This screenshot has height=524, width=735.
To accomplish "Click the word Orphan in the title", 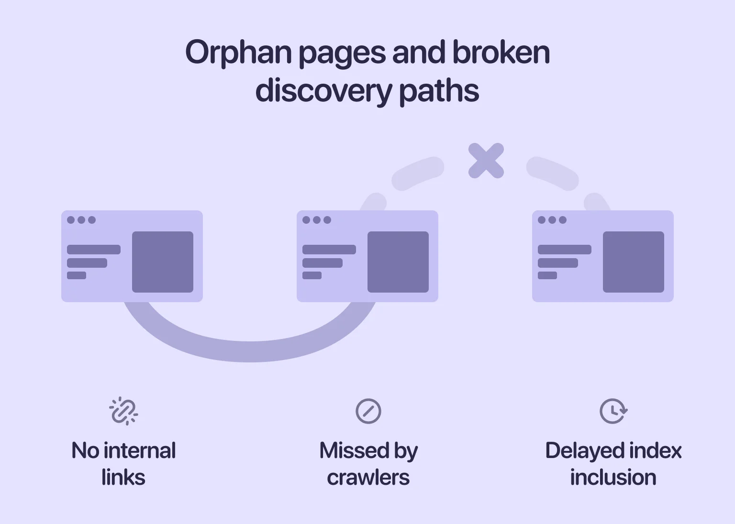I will click(238, 53).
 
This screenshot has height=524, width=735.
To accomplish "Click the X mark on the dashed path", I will click(486, 161).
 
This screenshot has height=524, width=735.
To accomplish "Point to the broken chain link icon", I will click(123, 411).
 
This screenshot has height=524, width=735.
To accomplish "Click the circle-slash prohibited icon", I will click(368, 411).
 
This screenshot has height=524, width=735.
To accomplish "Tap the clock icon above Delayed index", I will click(613, 411).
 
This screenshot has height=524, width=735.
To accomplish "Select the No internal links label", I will click(123, 464).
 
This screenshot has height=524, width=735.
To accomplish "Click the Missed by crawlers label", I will click(368, 464).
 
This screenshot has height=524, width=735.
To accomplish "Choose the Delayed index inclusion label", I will click(613, 464).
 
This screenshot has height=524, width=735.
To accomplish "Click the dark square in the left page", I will click(163, 262).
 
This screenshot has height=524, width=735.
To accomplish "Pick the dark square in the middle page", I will click(398, 262).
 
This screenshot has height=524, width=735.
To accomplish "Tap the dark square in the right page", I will click(634, 262).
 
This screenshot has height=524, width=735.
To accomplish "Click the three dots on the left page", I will click(81, 220).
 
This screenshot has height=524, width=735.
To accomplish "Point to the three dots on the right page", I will click(552, 220).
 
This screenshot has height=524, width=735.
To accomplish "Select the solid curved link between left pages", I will click(249, 351).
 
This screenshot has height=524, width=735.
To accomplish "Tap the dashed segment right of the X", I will click(553, 172).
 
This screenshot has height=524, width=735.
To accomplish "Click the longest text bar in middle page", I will click(329, 250).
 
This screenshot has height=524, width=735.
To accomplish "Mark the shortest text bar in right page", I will click(547, 275).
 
